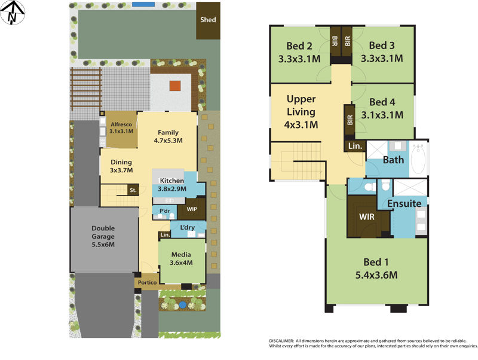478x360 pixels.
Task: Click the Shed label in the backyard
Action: pyautogui.click(x=208, y=20)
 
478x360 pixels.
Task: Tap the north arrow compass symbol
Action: pyautogui.click(x=13, y=13)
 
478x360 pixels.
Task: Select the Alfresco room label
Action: pyautogui.click(x=121, y=127)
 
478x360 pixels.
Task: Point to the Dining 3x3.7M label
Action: pyautogui.click(x=121, y=166)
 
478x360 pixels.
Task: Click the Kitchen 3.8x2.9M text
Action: pyautogui.click(x=172, y=184)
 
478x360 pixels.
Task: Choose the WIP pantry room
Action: pyautogui.click(x=192, y=209)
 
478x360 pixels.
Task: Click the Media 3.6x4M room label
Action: pyautogui.click(x=181, y=258)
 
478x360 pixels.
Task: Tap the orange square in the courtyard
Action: pyautogui.click(x=174, y=86)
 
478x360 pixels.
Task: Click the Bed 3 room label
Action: pyautogui.click(x=382, y=52)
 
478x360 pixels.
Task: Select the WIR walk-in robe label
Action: pyautogui.click(x=366, y=216)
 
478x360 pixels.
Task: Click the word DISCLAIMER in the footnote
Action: pyautogui.click(x=280, y=340)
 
